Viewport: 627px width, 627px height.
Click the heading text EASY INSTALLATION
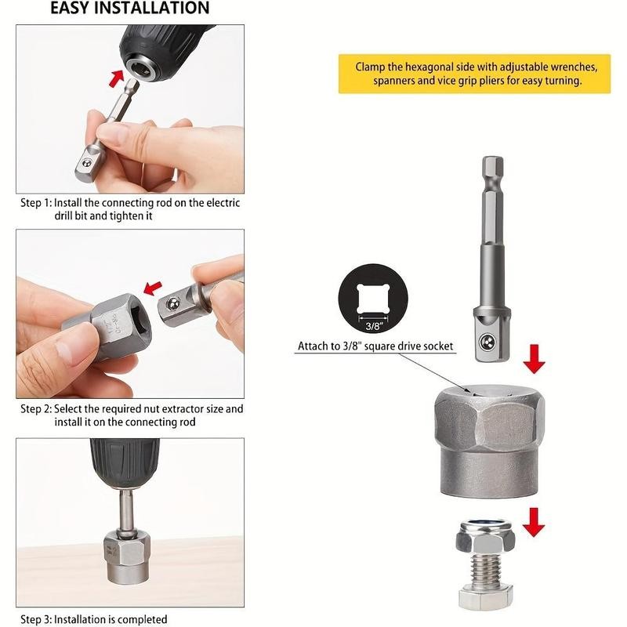click(x=130, y=9)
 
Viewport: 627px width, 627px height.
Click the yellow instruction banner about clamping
click(x=473, y=74)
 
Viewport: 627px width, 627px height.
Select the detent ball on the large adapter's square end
click(x=489, y=342)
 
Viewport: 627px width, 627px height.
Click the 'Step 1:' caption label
click(x=36, y=203)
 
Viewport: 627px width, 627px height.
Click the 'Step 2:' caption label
click(x=36, y=409)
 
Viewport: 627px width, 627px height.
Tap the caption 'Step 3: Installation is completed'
click(x=93, y=619)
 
